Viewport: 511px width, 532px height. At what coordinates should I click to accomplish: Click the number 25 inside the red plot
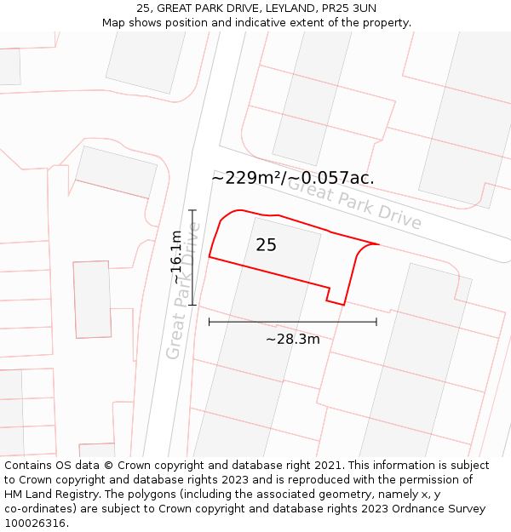click(x=266, y=245)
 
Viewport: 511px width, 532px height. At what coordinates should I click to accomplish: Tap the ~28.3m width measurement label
click(x=292, y=340)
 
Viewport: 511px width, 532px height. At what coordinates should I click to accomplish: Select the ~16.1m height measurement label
click(x=176, y=256)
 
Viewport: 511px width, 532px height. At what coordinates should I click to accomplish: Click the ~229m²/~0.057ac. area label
click(x=292, y=178)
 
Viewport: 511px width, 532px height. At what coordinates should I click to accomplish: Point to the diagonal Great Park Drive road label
click(x=354, y=203)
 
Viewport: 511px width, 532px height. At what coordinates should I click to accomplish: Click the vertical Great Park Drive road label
click(x=183, y=289)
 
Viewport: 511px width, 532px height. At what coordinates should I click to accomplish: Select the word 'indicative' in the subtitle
click(x=279, y=22)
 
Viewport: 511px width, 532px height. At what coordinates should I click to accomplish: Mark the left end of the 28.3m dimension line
click(x=210, y=323)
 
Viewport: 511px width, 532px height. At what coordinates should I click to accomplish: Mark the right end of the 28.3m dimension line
click(x=376, y=323)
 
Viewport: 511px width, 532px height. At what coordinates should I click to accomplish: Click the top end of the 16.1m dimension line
click(x=193, y=210)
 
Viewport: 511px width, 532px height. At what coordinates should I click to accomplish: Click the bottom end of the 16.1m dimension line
click(x=193, y=304)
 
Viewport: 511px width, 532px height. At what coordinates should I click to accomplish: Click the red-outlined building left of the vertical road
click(x=92, y=299)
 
